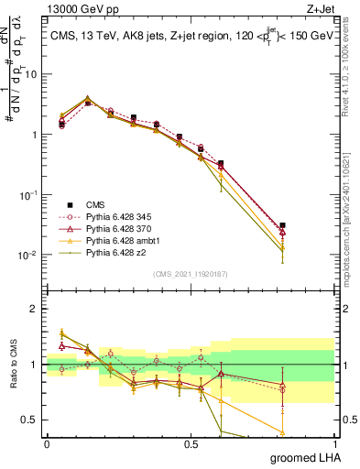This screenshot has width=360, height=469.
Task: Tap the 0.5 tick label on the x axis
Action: tap(191, 443)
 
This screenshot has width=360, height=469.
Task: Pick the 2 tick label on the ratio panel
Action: tap(35, 309)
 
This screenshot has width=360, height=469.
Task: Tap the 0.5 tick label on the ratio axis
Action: tap(30, 420)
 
